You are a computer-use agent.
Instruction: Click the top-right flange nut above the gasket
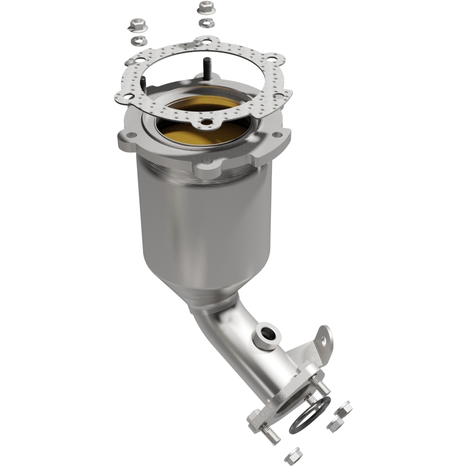click(x=205, y=8)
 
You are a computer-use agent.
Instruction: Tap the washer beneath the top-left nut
click(x=138, y=40)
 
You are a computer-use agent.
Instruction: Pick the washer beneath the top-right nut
click(x=205, y=22)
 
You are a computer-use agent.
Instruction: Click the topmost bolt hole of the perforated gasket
click(x=205, y=41)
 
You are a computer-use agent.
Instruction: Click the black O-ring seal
click(x=309, y=414)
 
